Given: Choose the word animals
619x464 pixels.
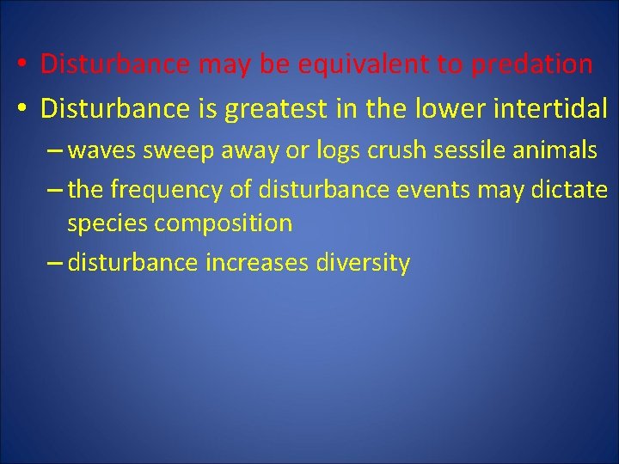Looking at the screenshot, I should coord(555,151).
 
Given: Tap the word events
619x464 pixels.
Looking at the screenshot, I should coord(442,189).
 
